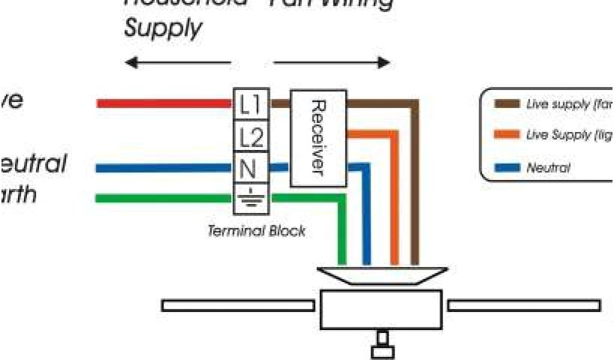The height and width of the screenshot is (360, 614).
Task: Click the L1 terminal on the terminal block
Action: point(251,105)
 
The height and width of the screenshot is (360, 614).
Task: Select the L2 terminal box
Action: point(251,137)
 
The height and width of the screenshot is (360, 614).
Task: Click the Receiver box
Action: point(318,139)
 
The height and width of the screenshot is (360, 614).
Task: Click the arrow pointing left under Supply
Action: point(177,62)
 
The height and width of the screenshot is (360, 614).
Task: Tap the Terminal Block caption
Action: point(256,230)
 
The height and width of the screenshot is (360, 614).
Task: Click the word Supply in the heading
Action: point(163,28)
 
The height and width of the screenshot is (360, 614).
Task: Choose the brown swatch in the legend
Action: point(507,104)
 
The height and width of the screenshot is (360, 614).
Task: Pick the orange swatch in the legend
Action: point(507,136)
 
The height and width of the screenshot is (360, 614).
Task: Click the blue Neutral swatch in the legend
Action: point(507,167)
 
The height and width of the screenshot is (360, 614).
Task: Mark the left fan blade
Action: point(238,306)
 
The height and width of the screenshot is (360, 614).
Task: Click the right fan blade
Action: point(524,306)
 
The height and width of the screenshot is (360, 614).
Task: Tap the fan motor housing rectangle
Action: point(381,310)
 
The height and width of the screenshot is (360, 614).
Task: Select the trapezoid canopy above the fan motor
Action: point(382,275)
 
